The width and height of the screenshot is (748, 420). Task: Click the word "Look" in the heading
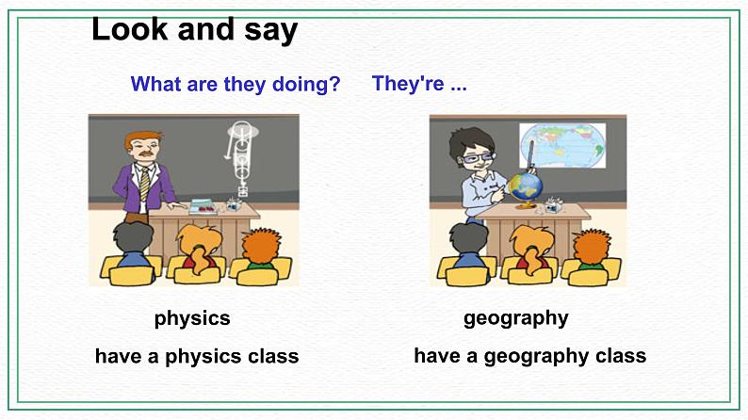pyautogui.click(x=129, y=29)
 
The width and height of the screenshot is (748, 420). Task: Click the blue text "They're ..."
pyautogui.click(x=419, y=83)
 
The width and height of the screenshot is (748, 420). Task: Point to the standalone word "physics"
pyautogui.click(x=192, y=318)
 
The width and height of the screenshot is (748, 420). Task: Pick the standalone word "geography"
pyautogui.click(x=515, y=318)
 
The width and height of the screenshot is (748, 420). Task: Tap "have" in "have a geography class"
pyautogui.click(x=439, y=355)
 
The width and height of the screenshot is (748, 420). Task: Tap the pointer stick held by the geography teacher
pyautogui.click(x=529, y=155)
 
